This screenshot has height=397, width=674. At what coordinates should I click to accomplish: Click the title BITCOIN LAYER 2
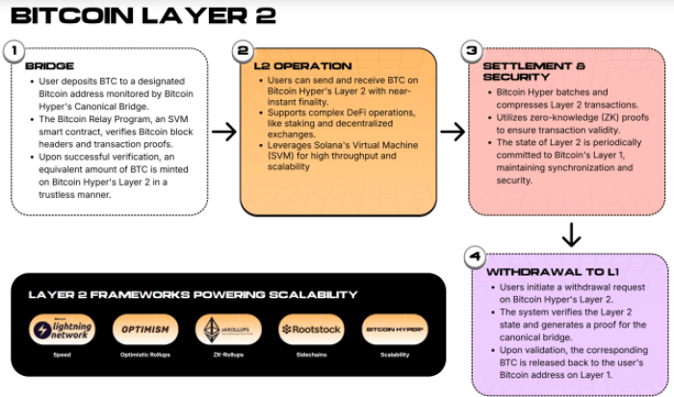pos(143,15)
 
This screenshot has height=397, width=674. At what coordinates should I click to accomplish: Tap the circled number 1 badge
pos(13,51)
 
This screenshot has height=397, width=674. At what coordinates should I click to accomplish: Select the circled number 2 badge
pos(243,51)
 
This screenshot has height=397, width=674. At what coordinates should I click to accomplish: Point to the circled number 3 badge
pos(472,51)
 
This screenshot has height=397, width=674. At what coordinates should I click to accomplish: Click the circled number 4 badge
pos(473,257)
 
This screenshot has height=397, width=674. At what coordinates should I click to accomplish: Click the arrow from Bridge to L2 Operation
pos(223,132)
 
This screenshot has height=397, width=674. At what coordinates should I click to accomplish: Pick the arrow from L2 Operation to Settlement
pos(453,132)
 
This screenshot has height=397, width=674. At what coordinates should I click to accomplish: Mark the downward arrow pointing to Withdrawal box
pos(570,234)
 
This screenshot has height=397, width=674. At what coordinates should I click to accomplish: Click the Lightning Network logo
pos(62,330)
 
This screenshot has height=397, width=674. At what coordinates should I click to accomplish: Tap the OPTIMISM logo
pos(144,330)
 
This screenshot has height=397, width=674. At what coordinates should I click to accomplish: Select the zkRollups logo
pos(227,330)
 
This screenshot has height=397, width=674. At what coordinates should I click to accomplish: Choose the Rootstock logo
pos(310,330)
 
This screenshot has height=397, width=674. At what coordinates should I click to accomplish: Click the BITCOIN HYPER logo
pos(395,330)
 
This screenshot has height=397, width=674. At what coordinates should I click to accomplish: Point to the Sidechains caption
pos(310,354)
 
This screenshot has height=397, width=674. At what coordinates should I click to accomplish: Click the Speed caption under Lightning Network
pos(62,354)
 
